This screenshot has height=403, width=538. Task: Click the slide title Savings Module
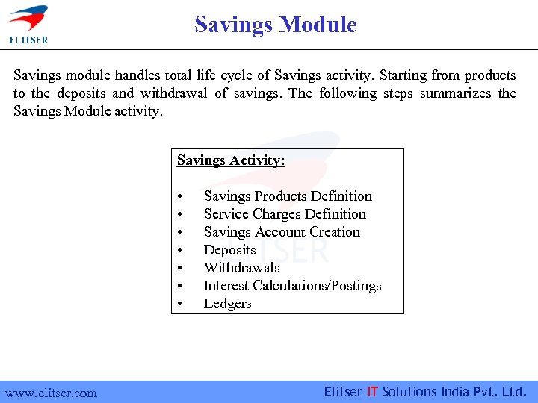pyautogui.click(x=276, y=25)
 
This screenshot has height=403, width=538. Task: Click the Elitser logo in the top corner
pyautogui.click(x=27, y=23)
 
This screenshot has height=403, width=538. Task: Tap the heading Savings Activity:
pyautogui.click(x=231, y=160)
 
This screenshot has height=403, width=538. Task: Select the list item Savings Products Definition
pyautogui.click(x=288, y=196)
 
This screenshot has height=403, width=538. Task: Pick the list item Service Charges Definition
pyautogui.click(x=285, y=214)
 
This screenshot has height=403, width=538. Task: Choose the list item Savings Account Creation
pyautogui.click(x=282, y=232)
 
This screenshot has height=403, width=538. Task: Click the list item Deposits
pyautogui.click(x=229, y=250)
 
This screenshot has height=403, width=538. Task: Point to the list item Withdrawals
pyautogui.click(x=241, y=268)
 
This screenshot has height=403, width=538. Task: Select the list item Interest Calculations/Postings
pyautogui.click(x=292, y=286)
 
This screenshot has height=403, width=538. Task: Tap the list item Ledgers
pyautogui.click(x=227, y=304)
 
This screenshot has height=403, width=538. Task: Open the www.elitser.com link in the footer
pyautogui.click(x=51, y=393)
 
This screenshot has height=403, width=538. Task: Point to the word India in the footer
pyautogui.click(x=457, y=392)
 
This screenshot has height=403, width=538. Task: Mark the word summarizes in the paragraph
pyautogui.click(x=456, y=93)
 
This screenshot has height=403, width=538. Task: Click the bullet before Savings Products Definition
pyautogui.click(x=181, y=197)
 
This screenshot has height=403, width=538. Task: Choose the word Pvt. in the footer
pyautogui.click(x=487, y=392)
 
